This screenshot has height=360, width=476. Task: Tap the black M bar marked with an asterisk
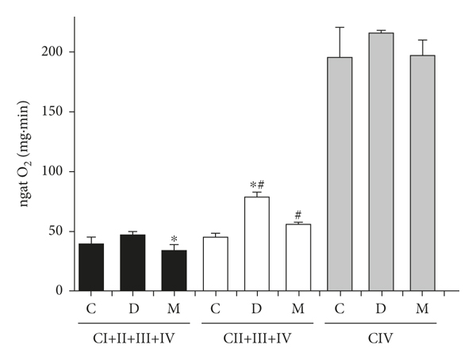coord(174,270)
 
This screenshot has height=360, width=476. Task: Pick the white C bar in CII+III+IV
coord(215,264)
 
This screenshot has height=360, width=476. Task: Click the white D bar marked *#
coord(256,243)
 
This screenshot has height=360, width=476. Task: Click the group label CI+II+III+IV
coord(132,338)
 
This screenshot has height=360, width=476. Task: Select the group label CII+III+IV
coord(256,338)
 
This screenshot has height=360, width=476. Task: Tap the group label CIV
coord(381,338)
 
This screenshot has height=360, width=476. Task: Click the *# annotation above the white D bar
coord(256,186)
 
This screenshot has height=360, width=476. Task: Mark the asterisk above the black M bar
coord(174,239)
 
